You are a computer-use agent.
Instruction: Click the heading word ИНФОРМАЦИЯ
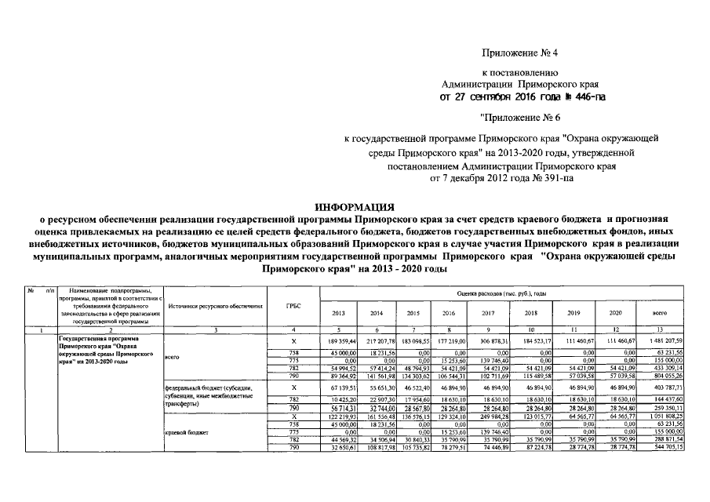tap(354, 206)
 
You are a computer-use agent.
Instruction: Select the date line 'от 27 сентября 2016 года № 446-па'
tap(522, 96)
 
